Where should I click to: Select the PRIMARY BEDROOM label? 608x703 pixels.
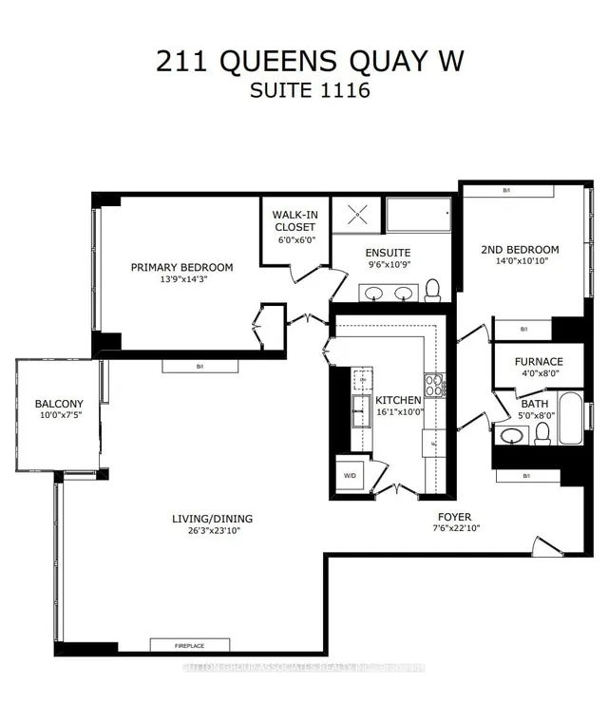tap(181, 267)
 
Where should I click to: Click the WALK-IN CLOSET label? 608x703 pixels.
tap(294, 221)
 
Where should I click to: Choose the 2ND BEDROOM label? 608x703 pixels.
tap(520, 250)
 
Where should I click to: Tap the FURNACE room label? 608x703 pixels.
tap(539, 361)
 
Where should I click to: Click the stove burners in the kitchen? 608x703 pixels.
tap(434, 386)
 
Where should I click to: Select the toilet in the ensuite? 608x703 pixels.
tap(432, 288)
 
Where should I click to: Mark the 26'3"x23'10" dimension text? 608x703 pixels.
tap(212, 531)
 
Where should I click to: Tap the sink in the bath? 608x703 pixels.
tap(512, 436)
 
